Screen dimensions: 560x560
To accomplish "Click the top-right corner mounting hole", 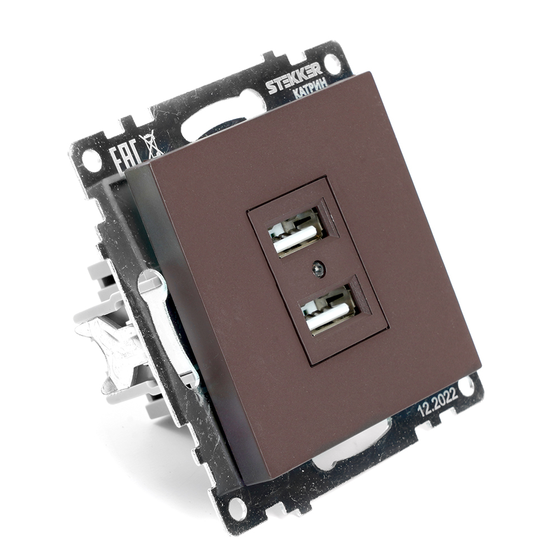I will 332,63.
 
